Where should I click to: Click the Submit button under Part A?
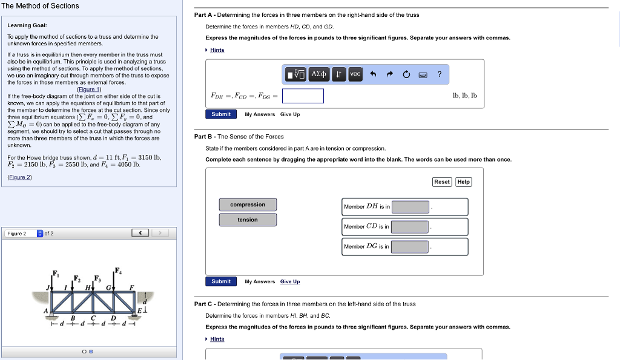pyautogui.click(x=221, y=114)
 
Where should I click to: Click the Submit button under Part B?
pyautogui.click(x=221, y=281)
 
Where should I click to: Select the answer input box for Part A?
pyautogui.click(x=303, y=96)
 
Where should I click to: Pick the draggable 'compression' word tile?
pyautogui.click(x=248, y=205)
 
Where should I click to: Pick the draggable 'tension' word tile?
pyautogui.click(x=248, y=220)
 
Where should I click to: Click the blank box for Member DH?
pyautogui.click(x=411, y=207)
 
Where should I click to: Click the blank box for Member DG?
pyautogui.click(x=411, y=247)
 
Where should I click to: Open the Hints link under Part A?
pyautogui.click(x=217, y=50)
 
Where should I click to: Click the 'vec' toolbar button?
pyautogui.click(x=355, y=74)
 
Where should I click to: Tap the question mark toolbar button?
pyautogui.click(x=440, y=74)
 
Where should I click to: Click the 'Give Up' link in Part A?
pyautogui.click(x=290, y=114)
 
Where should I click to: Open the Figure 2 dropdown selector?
pyautogui.click(x=40, y=234)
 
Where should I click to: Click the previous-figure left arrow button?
pyautogui.click(x=140, y=234)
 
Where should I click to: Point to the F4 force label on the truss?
pyautogui.click(x=118, y=270)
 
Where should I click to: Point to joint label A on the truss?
pyautogui.click(x=45, y=310)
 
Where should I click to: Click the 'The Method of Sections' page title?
pyautogui.click(x=40, y=6)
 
